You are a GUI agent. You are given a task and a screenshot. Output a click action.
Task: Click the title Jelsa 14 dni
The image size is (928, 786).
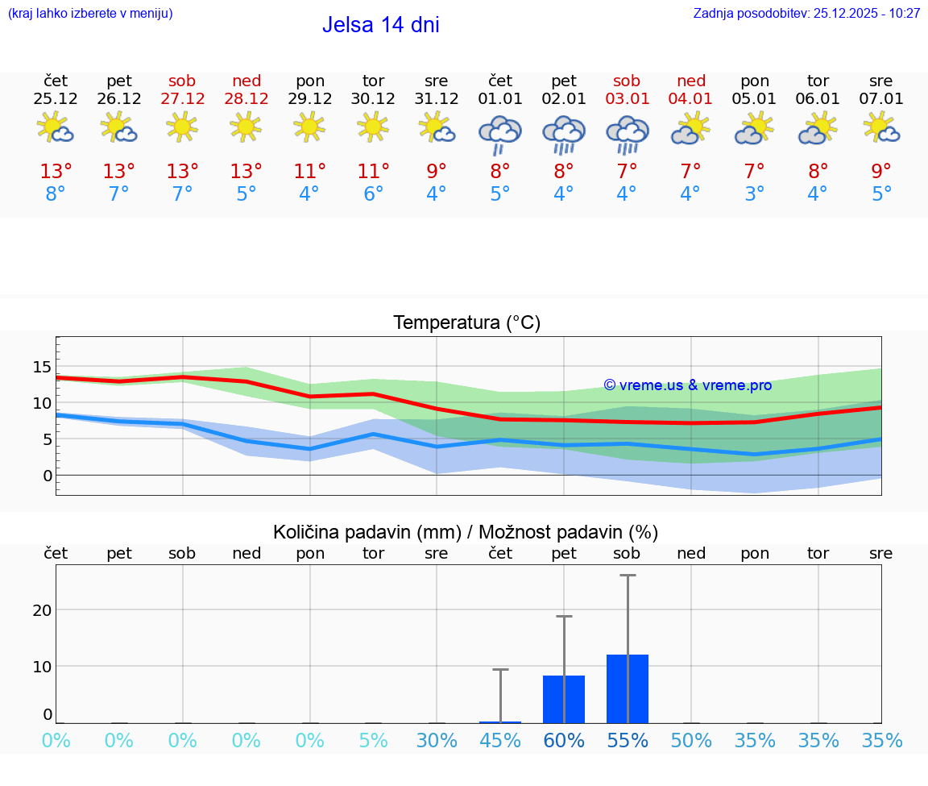(x=380, y=25)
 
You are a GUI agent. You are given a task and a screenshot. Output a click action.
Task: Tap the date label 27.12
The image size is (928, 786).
(x=182, y=99)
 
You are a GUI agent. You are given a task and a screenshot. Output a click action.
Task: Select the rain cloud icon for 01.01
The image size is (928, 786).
(x=500, y=133)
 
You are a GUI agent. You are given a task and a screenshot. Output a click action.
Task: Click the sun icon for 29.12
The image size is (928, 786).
(x=309, y=127)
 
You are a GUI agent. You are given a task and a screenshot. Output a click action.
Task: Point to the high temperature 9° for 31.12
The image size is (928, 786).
(x=437, y=172)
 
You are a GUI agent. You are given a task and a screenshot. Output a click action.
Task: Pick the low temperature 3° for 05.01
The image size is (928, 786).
(x=755, y=194)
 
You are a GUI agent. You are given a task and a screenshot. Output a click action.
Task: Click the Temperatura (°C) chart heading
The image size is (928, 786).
(x=466, y=323)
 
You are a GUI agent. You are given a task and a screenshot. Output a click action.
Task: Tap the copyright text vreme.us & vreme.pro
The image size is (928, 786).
(x=687, y=385)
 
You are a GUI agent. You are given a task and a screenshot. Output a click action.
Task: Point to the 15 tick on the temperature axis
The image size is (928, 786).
(x=42, y=367)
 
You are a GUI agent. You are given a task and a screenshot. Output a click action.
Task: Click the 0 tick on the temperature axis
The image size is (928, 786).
(x=48, y=476)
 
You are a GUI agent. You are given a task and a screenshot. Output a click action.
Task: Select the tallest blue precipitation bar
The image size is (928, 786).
(x=628, y=688)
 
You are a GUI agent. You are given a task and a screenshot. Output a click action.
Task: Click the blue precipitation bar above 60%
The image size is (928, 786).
(x=564, y=699)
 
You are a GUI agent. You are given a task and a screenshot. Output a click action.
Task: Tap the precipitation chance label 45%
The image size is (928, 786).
(x=500, y=741)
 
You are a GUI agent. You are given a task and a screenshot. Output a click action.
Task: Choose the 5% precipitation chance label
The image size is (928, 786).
(x=373, y=741)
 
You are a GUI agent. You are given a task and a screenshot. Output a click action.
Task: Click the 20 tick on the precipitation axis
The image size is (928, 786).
(x=42, y=610)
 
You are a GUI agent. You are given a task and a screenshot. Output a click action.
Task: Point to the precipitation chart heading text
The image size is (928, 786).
(x=466, y=532)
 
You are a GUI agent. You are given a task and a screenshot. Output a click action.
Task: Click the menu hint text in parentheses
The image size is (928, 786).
(x=90, y=13)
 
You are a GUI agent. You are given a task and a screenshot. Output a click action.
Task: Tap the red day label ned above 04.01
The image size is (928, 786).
(x=691, y=81)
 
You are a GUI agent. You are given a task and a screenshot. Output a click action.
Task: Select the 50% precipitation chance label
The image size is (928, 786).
(x=691, y=741)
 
